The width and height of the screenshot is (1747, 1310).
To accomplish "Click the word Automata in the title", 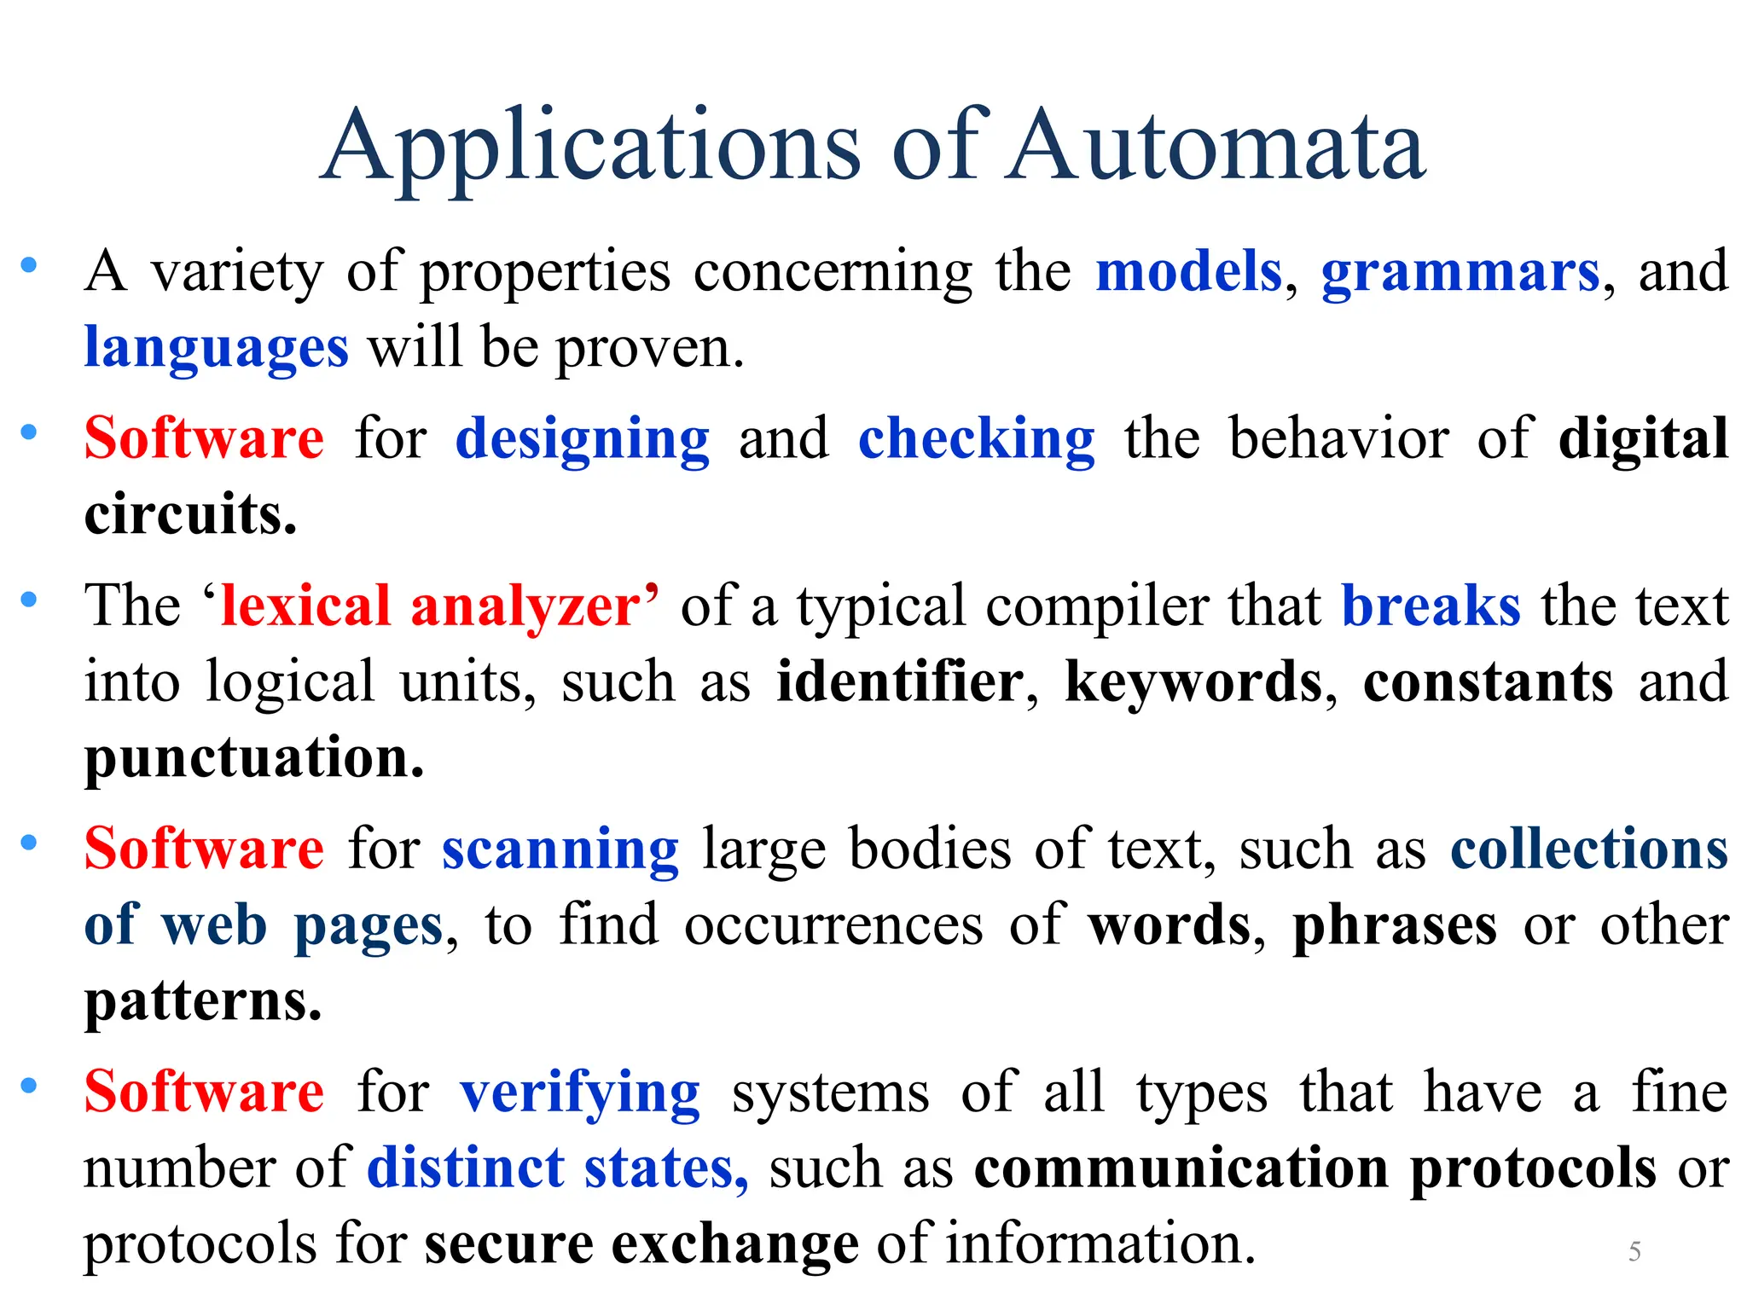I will [x=1215, y=147].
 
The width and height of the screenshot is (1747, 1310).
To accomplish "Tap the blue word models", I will [x=1189, y=272].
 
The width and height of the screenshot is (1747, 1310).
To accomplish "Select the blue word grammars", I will [x=1460, y=272].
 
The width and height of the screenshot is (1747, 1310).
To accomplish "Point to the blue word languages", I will [x=217, y=348].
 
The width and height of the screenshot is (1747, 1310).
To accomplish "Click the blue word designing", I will [x=583, y=439].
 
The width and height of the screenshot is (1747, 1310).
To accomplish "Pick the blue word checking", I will [x=977, y=439].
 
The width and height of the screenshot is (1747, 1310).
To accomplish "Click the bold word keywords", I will [x=1193, y=681].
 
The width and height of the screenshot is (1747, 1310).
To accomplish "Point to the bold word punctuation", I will [x=254, y=757].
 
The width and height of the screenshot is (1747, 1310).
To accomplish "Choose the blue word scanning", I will [x=560, y=849].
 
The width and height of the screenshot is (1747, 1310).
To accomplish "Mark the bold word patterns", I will [x=203, y=1000].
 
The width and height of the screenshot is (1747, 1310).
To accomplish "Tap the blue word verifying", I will [x=580, y=1093].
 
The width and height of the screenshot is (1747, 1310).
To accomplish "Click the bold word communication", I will [x=1181, y=1168].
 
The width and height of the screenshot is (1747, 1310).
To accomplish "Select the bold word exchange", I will [x=735, y=1243].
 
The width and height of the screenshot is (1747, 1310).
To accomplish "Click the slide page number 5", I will [x=1634, y=1251].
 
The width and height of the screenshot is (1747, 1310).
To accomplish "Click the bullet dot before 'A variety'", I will [x=29, y=265].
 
